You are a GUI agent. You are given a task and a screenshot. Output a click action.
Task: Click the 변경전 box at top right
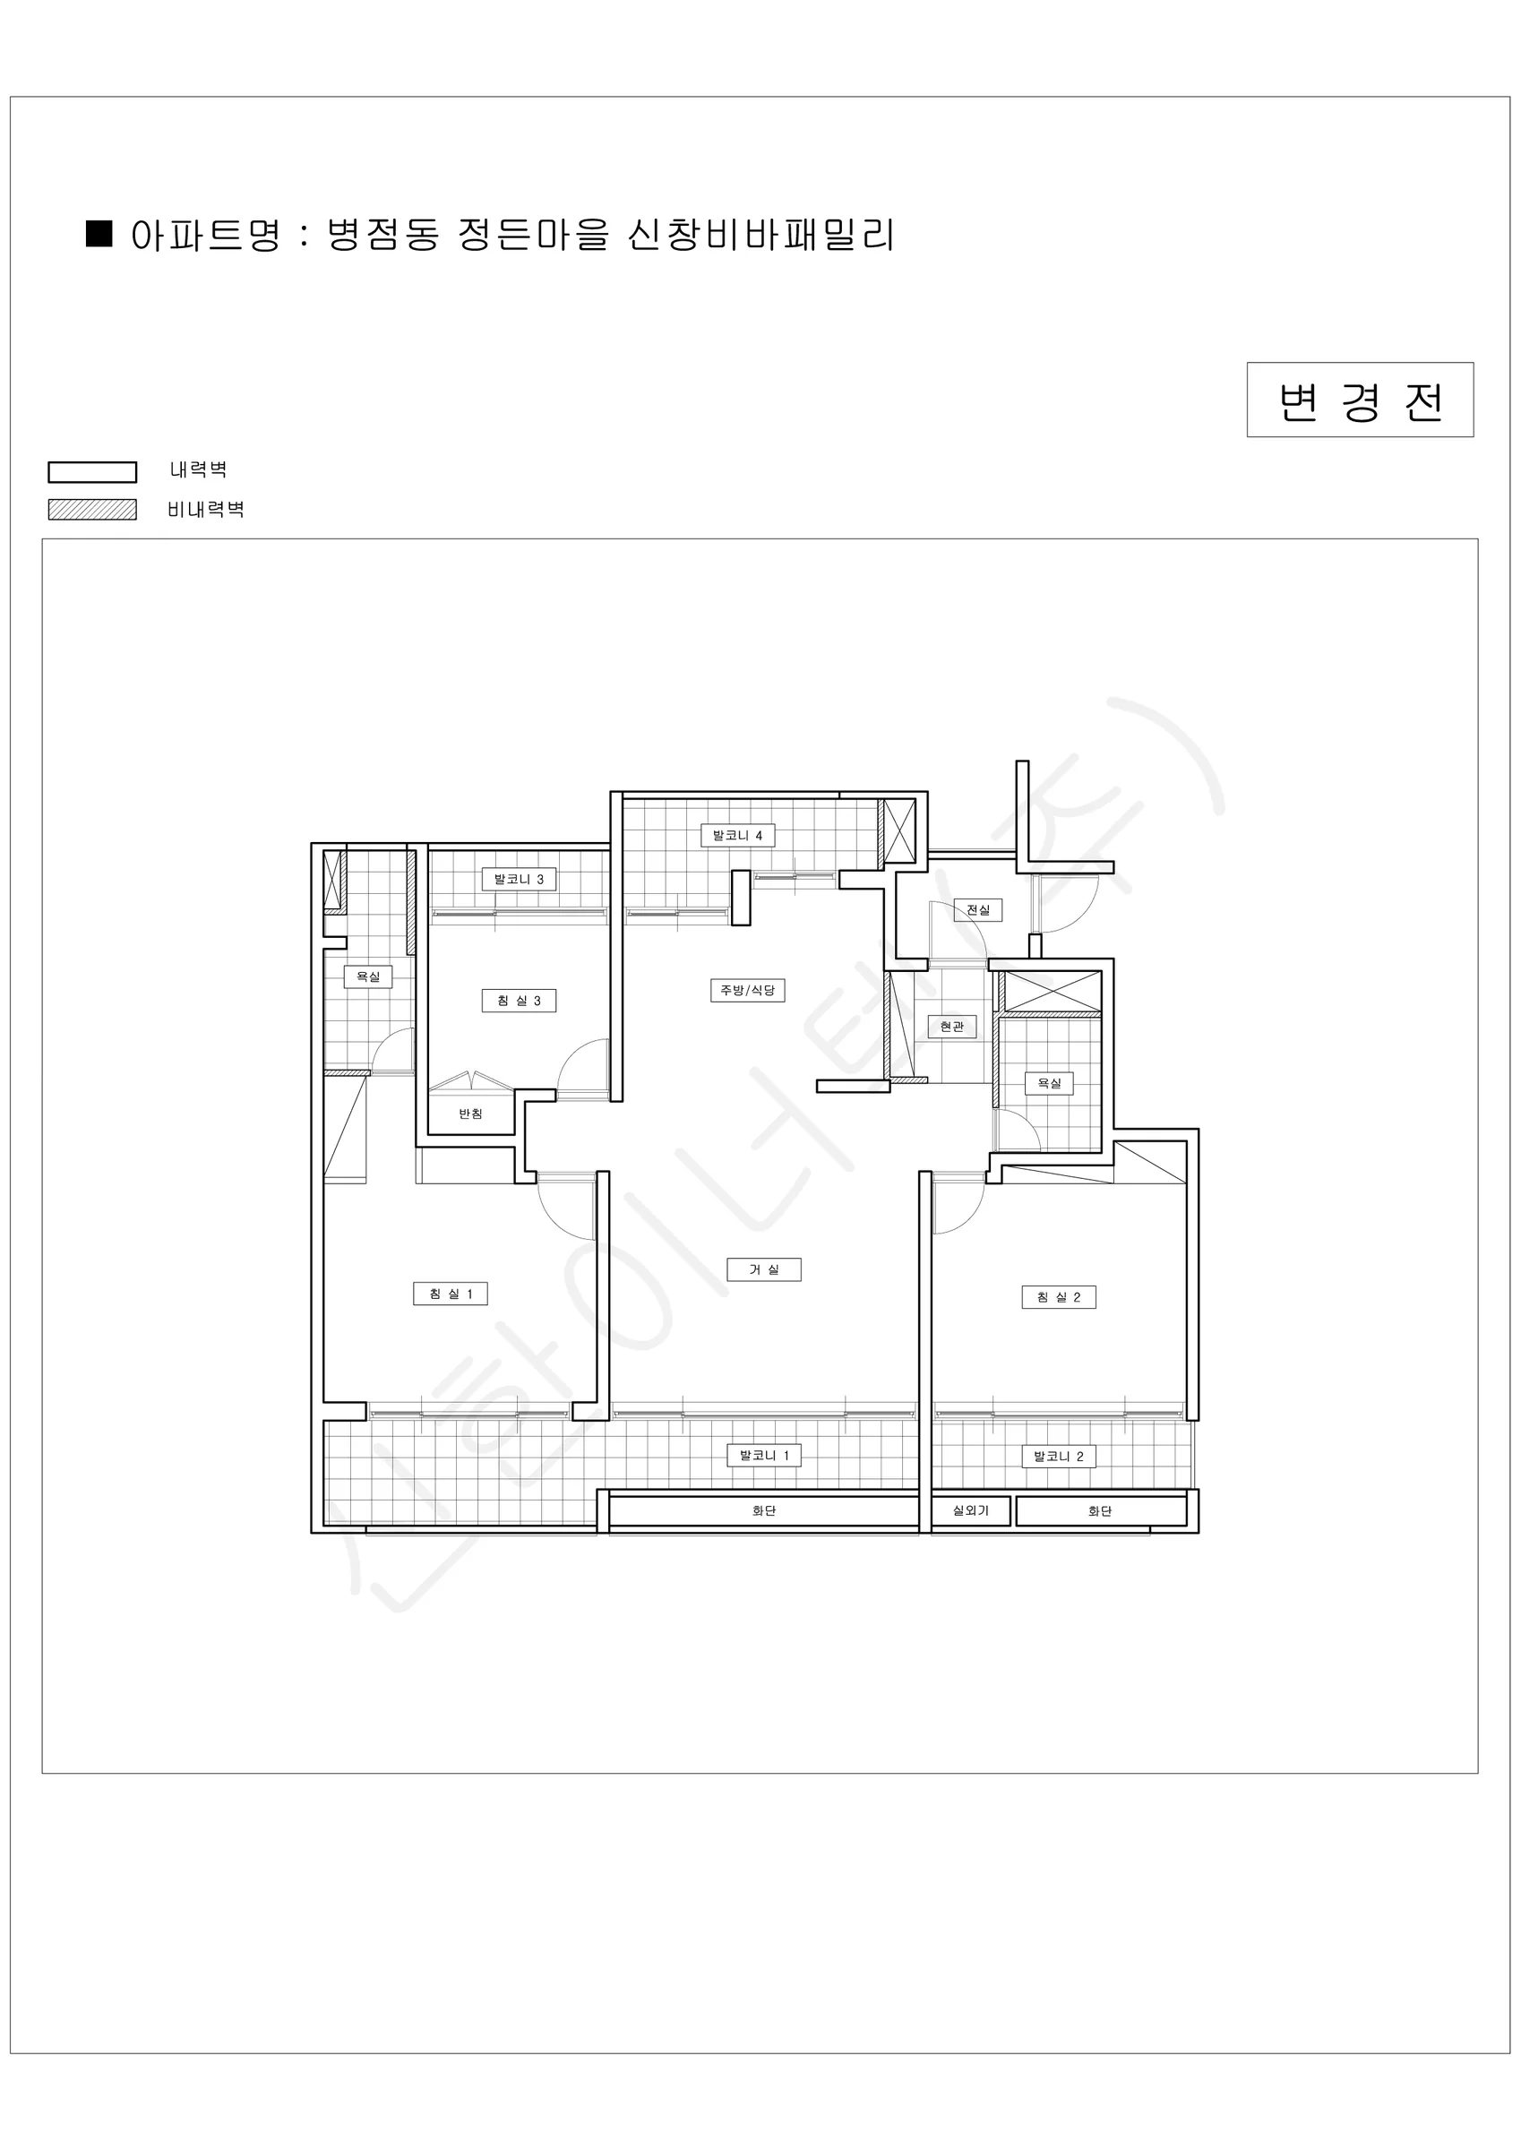click(x=1360, y=400)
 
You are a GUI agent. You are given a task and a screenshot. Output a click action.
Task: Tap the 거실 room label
click(x=764, y=1269)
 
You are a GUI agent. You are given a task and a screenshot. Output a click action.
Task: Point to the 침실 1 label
click(x=451, y=1294)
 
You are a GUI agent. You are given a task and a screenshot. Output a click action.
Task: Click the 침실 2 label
click(x=1058, y=1297)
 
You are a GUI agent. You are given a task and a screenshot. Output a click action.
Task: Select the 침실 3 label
click(x=519, y=1000)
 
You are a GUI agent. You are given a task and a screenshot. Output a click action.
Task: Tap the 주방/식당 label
click(x=747, y=990)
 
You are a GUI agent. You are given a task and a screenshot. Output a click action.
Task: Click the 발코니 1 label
click(x=764, y=1455)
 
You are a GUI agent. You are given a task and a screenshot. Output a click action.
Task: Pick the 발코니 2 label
click(x=1058, y=1456)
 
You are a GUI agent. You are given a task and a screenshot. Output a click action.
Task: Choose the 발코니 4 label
click(x=738, y=835)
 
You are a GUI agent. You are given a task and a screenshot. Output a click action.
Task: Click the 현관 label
click(x=951, y=1027)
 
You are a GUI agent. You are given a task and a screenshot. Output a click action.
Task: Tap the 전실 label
click(x=978, y=909)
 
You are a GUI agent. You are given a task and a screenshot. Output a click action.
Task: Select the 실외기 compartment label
click(x=970, y=1510)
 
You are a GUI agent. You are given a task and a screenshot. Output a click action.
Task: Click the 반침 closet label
click(x=470, y=1114)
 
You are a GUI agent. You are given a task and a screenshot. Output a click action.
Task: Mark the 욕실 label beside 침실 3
click(x=368, y=976)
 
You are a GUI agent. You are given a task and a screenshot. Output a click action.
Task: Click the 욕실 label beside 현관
click(x=1049, y=1083)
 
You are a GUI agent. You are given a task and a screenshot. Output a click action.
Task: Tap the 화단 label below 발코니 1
click(x=764, y=1510)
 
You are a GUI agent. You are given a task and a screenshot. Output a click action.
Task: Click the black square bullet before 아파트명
click(x=99, y=234)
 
